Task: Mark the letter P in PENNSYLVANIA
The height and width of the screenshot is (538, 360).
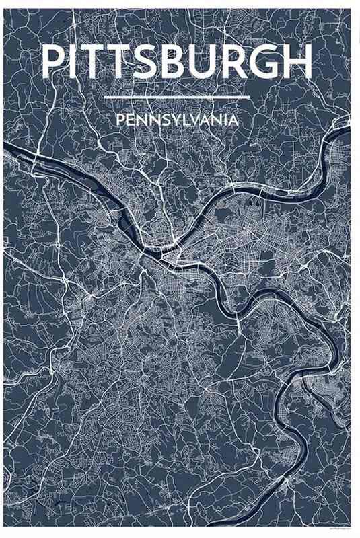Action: coord(120,120)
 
